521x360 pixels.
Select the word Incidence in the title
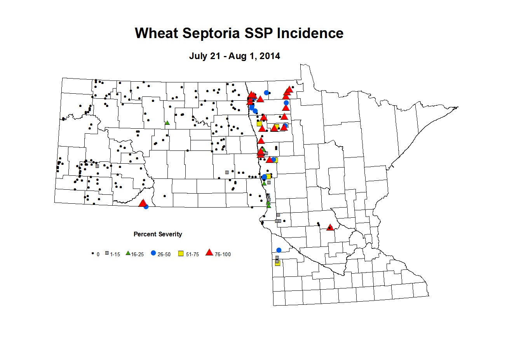click(x=310, y=33)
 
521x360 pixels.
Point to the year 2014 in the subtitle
click(x=270, y=56)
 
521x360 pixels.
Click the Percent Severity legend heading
click(x=158, y=234)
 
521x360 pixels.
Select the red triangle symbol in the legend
click(x=209, y=253)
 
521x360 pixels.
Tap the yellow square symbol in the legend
click(x=181, y=253)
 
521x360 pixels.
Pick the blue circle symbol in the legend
click(x=153, y=253)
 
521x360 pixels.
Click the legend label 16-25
click(x=138, y=255)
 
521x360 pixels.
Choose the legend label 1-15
click(x=115, y=255)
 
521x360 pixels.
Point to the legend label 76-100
click(x=223, y=255)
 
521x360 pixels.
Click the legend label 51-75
click(x=192, y=255)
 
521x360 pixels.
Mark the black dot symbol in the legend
click(x=92, y=253)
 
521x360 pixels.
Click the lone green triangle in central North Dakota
click(x=167, y=122)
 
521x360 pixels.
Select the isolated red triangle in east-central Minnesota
click(x=330, y=227)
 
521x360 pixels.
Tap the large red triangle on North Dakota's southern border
click(x=143, y=203)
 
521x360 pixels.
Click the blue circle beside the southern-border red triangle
click(x=146, y=207)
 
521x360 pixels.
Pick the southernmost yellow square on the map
click(x=277, y=263)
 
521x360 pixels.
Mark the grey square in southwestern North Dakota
click(x=97, y=166)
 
